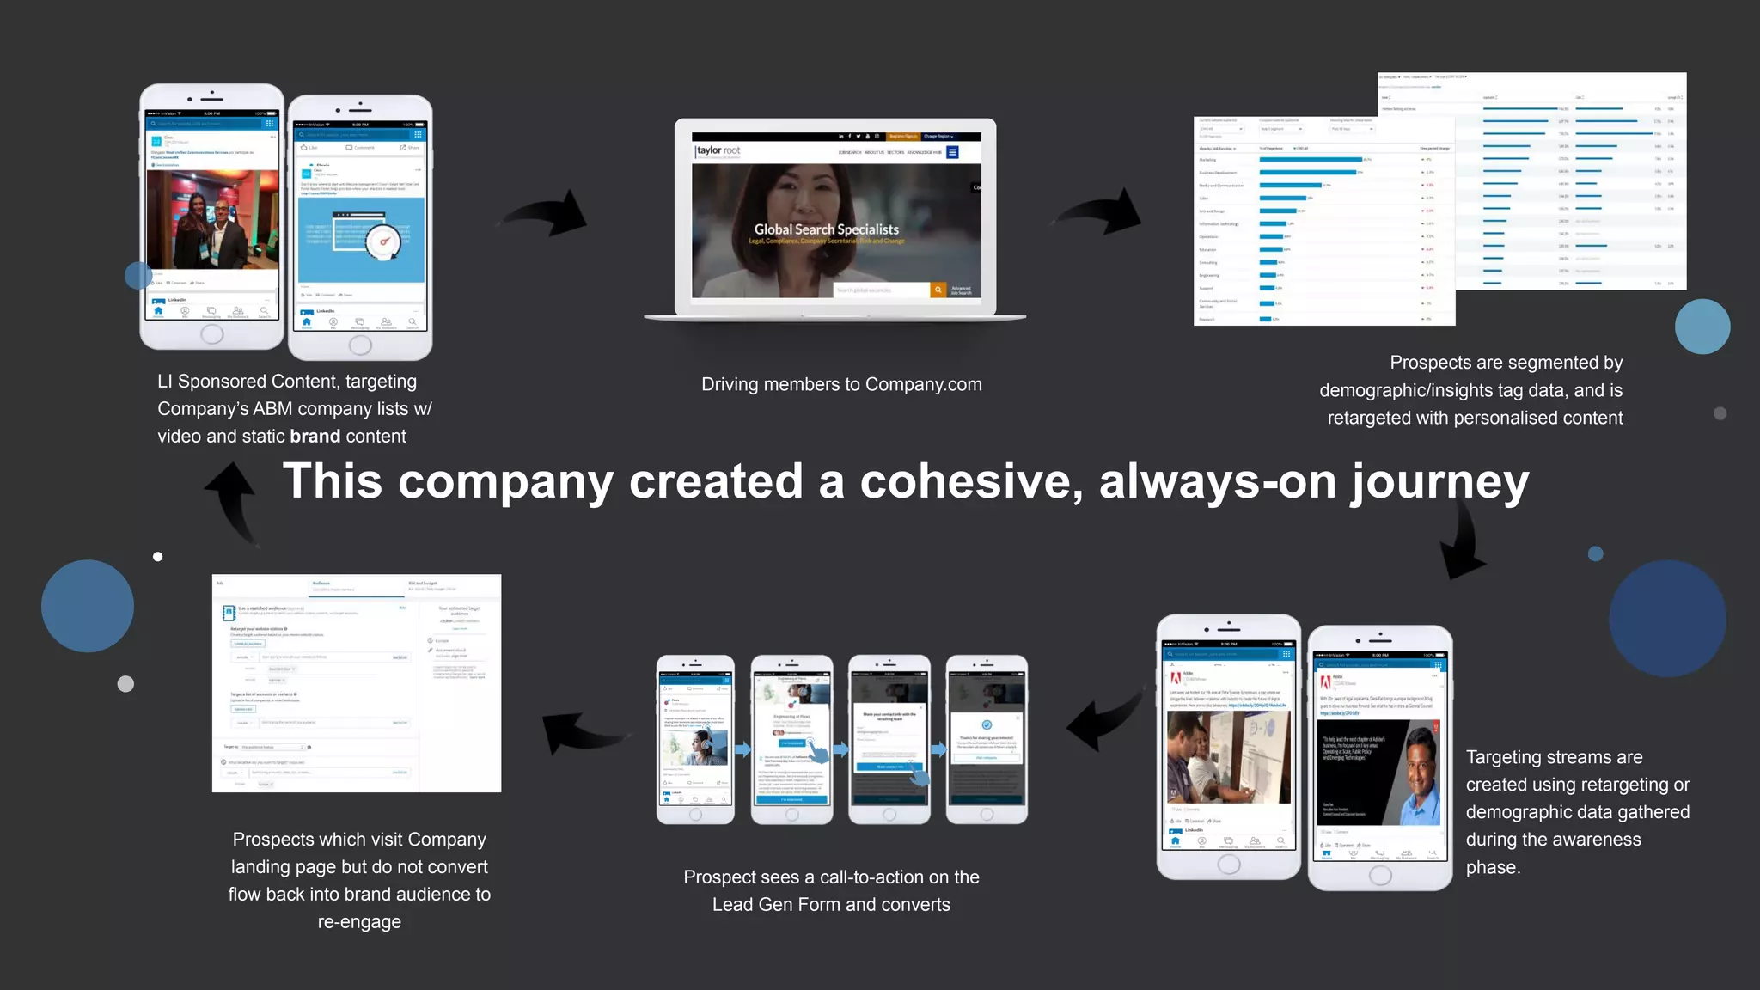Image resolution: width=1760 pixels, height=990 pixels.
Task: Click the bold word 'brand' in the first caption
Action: pos(315,437)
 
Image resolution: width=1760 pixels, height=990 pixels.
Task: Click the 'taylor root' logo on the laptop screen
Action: pos(718,150)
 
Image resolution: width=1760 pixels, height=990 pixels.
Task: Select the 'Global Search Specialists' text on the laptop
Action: pos(826,229)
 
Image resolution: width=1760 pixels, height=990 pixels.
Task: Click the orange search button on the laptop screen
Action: pos(938,290)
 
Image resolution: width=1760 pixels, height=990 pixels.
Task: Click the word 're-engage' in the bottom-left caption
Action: pos(359,922)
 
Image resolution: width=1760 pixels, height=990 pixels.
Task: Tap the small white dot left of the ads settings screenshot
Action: pos(158,557)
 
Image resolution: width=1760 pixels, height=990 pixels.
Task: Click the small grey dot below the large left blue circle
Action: pos(125,684)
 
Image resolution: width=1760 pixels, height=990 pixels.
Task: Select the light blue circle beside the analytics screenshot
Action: pos(1702,327)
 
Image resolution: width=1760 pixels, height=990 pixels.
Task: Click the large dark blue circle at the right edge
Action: pos(1667,619)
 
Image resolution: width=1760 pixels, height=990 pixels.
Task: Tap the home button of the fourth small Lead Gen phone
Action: pos(987,814)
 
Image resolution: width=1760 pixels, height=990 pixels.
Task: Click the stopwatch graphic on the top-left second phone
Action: pos(383,241)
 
